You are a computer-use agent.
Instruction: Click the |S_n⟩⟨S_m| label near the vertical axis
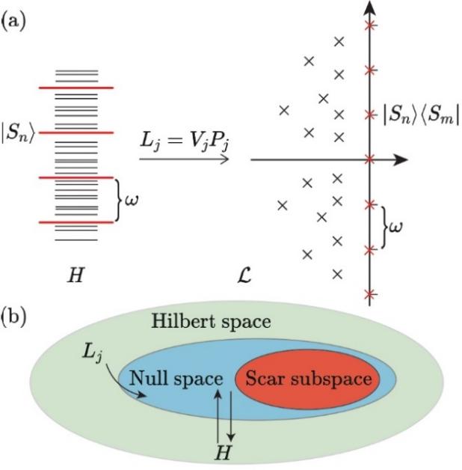click(x=420, y=115)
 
